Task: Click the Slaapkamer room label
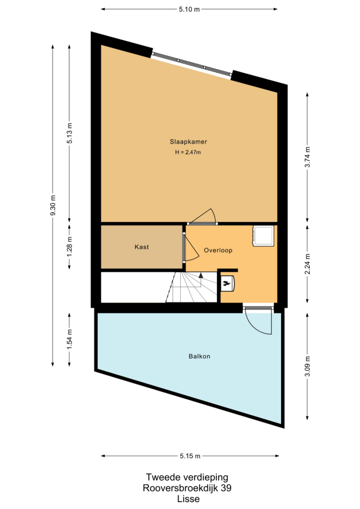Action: tap(188, 141)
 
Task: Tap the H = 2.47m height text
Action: tap(188, 152)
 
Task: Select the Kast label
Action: tap(142, 247)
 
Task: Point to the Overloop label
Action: tap(218, 250)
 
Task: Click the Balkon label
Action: tap(200, 356)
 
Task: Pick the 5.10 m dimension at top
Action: tap(189, 9)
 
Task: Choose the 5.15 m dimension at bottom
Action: tap(190, 456)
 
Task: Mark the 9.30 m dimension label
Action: tap(53, 205)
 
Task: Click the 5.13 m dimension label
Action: tap(69, 133)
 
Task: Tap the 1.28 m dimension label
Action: tap(69, 246)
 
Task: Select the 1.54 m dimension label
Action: tap(69, 339)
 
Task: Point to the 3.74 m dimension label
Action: tap(307, 157)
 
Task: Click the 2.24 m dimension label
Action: tap(307, 264)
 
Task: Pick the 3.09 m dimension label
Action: tap(307, 366)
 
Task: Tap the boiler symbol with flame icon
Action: tap(227, 284)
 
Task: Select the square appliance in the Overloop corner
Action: tap(263, 236)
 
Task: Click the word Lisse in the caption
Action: tap(188, 499)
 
